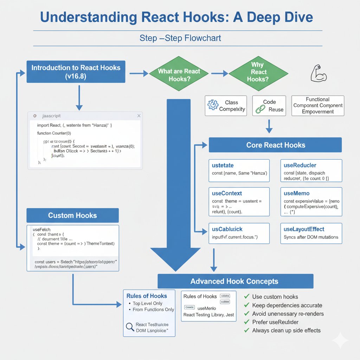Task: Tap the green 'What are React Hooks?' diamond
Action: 179,75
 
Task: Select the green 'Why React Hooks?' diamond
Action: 257,72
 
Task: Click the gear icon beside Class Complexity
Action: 213,105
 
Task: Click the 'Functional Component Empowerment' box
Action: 317,105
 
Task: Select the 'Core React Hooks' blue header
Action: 275,145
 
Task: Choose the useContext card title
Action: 227,193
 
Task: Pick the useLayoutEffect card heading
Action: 304,229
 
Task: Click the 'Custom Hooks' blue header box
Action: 72,215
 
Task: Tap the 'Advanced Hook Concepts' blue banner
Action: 234,281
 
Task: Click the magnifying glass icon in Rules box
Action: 130,327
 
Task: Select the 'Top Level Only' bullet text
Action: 147,303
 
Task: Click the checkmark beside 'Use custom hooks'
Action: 247,297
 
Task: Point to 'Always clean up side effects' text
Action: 286,330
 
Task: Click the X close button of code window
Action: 139,116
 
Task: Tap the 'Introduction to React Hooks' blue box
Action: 76,72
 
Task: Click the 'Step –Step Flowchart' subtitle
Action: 180,38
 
